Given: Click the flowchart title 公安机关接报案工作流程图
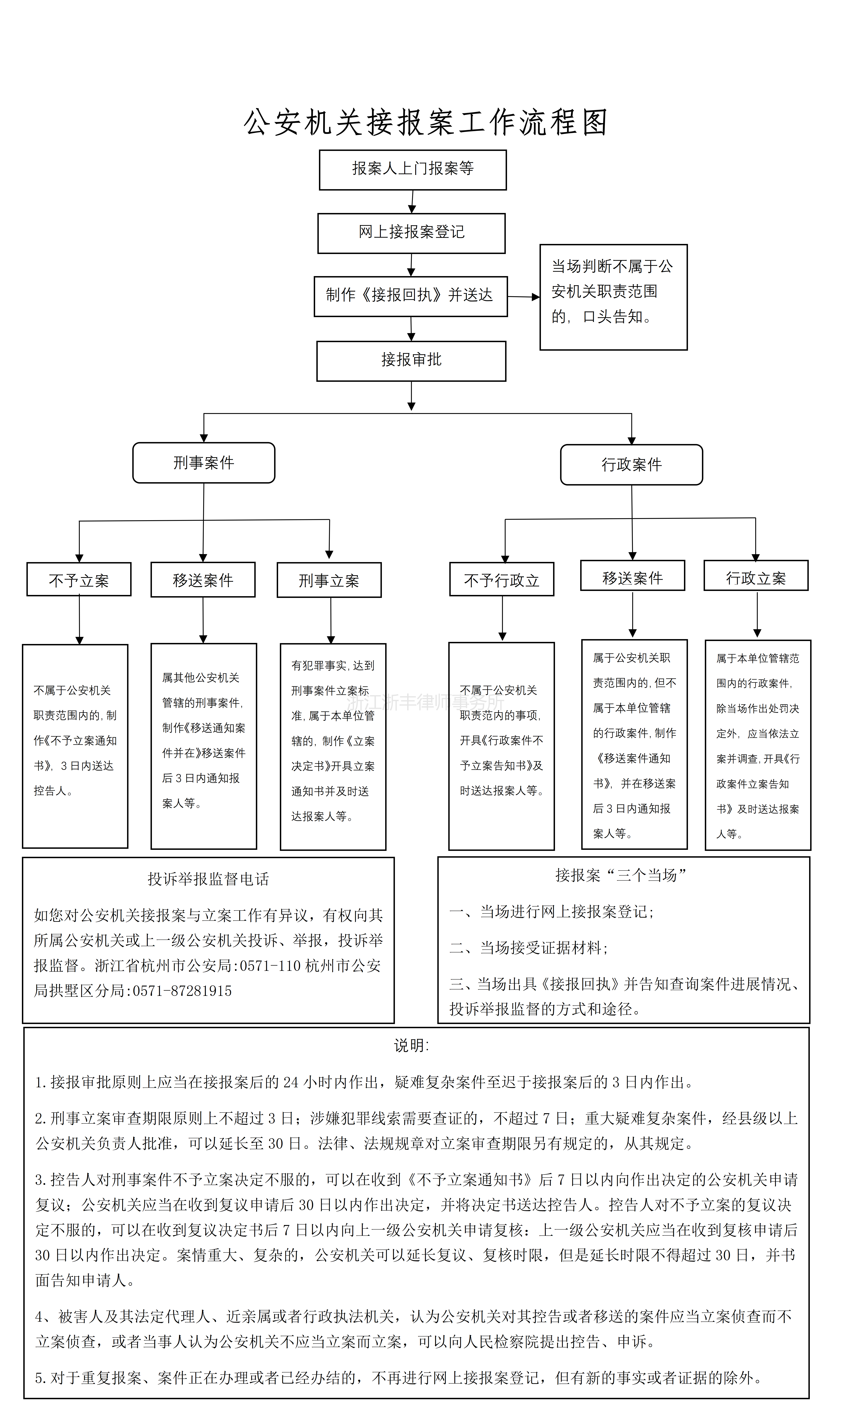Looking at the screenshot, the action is [425, 122].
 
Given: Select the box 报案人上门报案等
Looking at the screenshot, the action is [412, 170].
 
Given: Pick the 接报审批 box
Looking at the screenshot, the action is [411, 361].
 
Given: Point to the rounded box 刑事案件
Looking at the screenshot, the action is [204, 463].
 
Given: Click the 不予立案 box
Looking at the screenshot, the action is [79, 579].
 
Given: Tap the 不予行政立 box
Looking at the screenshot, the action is [502, 579].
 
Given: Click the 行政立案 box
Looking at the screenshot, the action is [756, 576].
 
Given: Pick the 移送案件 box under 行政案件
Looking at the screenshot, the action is [633, 576].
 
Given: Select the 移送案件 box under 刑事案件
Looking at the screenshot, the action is [203, 580].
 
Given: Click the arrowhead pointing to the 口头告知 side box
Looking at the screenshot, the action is [535, 297].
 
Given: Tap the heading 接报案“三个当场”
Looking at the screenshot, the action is [621, 875].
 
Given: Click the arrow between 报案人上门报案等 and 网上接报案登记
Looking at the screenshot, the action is [412, 202].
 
